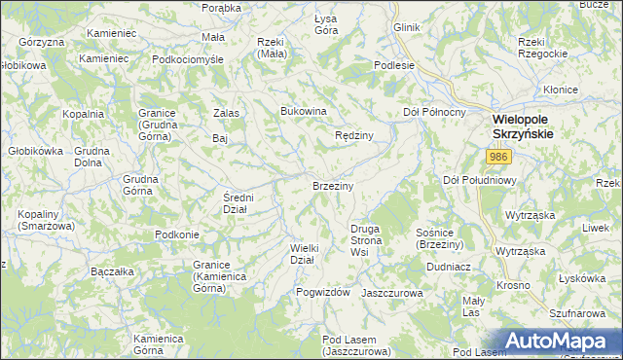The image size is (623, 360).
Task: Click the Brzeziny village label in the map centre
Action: point(332,185)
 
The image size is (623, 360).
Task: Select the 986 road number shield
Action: point(499,157)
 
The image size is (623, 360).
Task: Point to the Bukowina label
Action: point(303,111)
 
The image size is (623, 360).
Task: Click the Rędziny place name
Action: point(354,136)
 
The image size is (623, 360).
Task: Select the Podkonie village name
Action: point(177,234)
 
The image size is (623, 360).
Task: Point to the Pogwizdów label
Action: point(322,292)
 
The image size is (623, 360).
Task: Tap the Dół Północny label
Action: point(433,113)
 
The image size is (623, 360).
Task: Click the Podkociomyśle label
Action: point(188,58)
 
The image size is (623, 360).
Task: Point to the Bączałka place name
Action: point(111,271)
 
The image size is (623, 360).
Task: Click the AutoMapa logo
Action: point(562,340)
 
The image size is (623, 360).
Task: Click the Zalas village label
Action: point(227,113)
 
